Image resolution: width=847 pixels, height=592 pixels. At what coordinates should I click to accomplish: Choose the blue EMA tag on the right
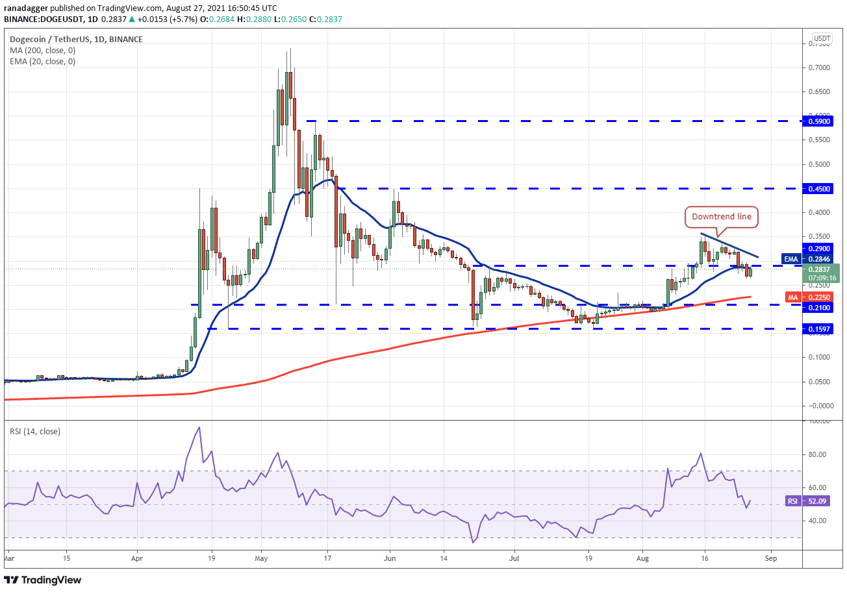[790, 258]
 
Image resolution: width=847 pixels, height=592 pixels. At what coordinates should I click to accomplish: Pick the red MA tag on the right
[792, 297]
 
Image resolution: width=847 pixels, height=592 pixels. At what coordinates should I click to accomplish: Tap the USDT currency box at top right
[823, 38]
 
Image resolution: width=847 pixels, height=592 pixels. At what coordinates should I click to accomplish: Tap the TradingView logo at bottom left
[43, 580]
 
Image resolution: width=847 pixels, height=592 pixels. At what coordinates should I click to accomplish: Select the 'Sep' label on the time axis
[770, 557]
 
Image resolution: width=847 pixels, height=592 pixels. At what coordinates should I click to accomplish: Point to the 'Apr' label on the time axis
[136, 557]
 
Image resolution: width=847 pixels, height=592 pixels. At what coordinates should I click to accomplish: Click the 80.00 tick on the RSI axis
[820, 454]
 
